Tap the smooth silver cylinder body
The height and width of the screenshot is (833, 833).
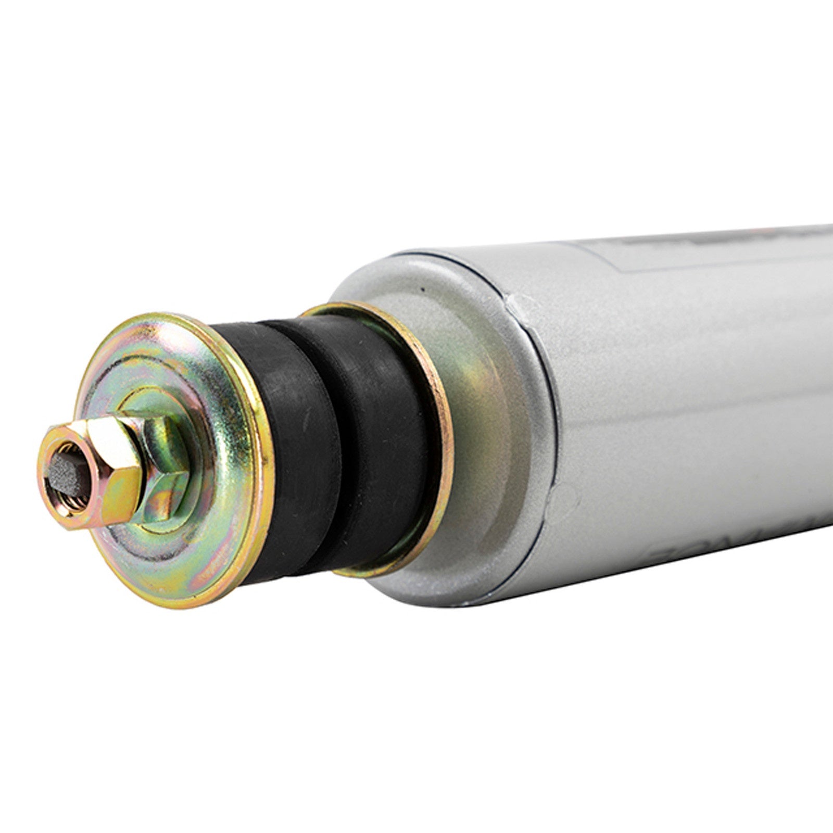(677, 390)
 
